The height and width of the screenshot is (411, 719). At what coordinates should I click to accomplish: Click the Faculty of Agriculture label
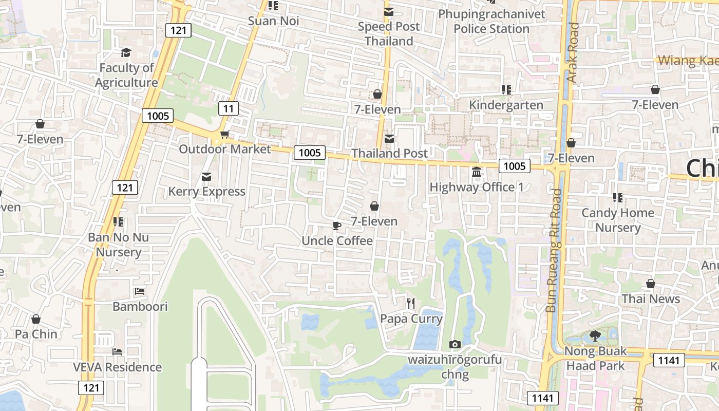click(x=126, y=75)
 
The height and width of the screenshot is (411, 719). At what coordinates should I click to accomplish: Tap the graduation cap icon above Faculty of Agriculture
click(x=126, y=52)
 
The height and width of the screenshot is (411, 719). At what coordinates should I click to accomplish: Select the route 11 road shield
click(x=229, y=108)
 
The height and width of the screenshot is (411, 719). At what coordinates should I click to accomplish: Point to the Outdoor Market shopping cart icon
click(x=224, y=135)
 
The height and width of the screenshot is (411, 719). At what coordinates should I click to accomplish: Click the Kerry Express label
click(x=207, y=191)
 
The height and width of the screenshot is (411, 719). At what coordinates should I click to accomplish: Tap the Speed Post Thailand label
click(x=389, y=33)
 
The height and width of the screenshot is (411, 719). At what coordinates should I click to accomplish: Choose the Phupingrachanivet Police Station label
click(x=491, y=21)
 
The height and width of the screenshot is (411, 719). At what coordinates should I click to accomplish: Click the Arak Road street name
click(x=573, y=52)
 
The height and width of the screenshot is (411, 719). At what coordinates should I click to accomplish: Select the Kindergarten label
click(x=506, y=105)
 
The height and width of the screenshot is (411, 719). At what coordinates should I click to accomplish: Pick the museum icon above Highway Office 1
click(x=476, y=172)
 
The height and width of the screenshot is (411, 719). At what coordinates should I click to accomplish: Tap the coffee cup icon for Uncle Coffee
click(x=336, y=226)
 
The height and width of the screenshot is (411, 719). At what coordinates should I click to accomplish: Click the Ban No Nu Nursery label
click(x=118, y=245)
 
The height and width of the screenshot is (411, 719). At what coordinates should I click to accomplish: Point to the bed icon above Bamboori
click(x=140, y=291)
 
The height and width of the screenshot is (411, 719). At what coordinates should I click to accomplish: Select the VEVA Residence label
click(x=117, y=367)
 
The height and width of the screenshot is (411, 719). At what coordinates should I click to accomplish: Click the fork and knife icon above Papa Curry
click(x=410, y=304)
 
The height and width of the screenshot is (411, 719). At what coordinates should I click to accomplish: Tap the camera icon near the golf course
click(x=455, y=344)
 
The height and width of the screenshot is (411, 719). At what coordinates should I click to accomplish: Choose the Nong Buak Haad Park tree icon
click(x=595, y=336)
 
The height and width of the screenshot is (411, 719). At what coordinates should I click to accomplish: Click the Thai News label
click(x=651, y=298)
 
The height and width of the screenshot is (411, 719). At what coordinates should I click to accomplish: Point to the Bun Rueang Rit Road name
click(x=555, y=251)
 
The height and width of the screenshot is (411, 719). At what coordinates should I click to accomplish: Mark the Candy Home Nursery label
click(x=618, y=220)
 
